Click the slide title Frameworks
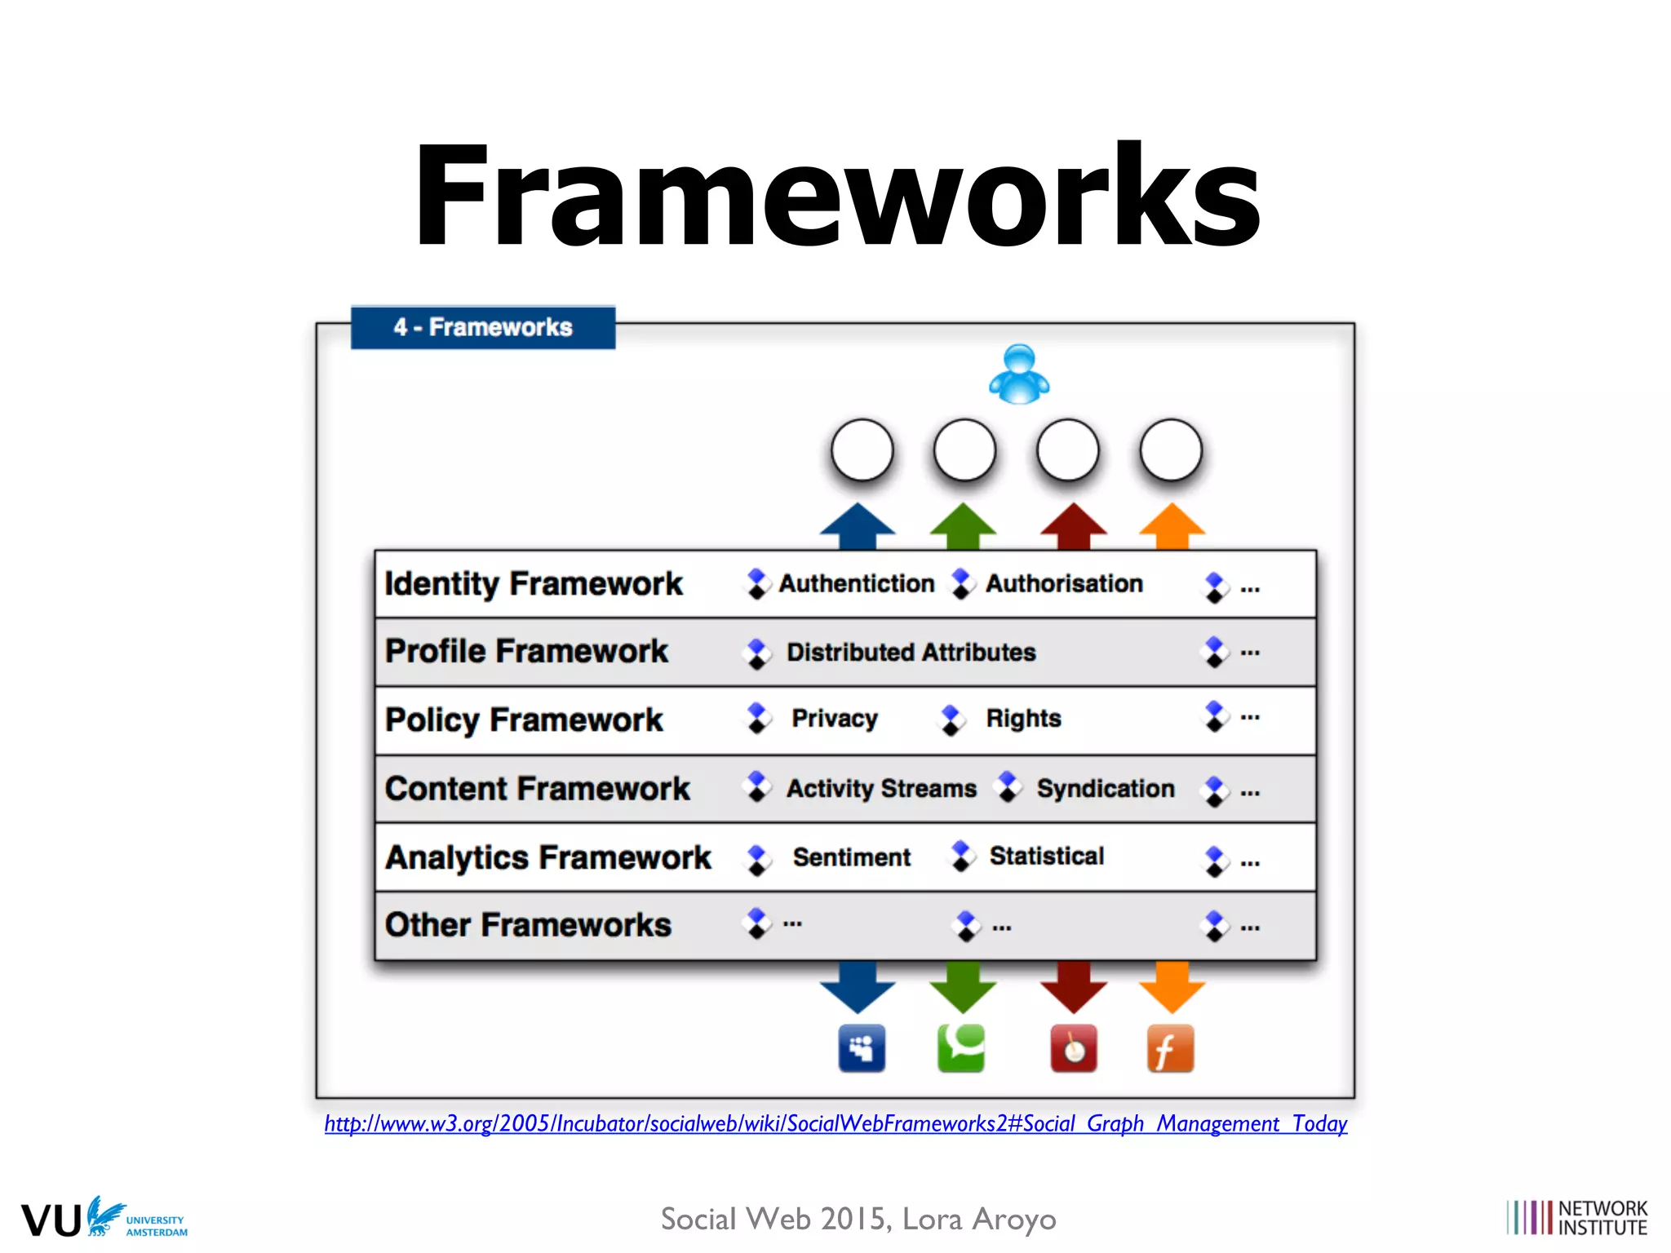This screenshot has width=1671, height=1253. point(837,196)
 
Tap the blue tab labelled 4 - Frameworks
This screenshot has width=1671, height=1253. point(483,327)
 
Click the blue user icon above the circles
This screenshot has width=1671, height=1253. point(1019,375)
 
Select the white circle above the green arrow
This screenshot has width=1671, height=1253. point(964,450)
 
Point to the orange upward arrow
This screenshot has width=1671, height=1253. point(1172,525)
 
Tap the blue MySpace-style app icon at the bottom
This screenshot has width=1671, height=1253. point(862,1048)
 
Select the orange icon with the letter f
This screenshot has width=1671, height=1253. point(1170,1049)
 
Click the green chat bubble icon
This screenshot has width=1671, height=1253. point(962,1048)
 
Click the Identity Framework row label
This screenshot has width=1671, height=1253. point(534,584)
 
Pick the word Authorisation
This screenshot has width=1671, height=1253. point(1064,584)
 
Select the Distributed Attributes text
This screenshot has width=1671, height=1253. point(911,653)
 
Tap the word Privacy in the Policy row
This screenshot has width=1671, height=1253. point(835,719)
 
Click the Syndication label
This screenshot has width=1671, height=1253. point(1106,789)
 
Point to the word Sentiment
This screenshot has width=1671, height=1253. point(852,857)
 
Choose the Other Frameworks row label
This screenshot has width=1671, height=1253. point(528,925)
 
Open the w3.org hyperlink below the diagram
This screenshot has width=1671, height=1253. point(835,1124)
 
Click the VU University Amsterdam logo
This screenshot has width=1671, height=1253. point(104,1219)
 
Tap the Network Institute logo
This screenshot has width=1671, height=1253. point(1576,1218)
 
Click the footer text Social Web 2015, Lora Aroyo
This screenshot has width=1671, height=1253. point(858,1220)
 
